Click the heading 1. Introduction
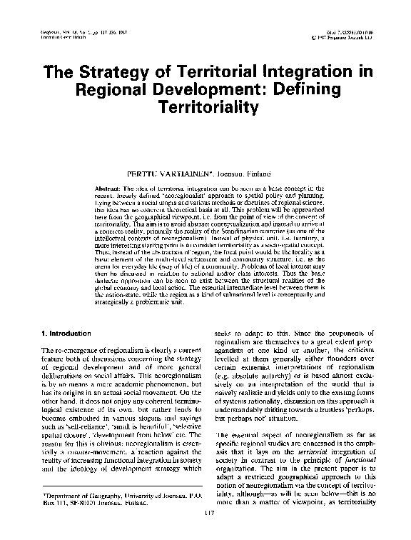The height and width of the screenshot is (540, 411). point(65,333)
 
